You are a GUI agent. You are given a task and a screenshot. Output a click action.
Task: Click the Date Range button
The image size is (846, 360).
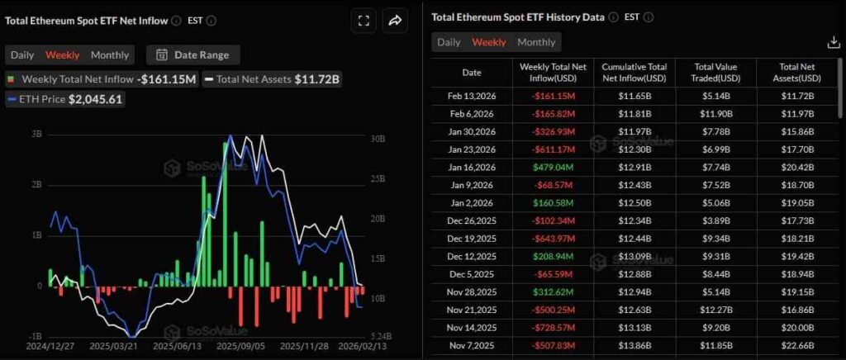[192, 55]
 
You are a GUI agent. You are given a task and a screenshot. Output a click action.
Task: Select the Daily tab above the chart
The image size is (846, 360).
[22, 55]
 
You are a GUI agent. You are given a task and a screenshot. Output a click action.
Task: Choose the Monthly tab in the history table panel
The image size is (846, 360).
[536, 42]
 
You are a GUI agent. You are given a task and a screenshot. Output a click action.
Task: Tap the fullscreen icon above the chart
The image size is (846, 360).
[363, 21]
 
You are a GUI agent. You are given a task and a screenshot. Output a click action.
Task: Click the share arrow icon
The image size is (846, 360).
[395, 21]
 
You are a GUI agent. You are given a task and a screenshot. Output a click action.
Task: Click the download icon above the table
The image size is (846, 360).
[833, 42]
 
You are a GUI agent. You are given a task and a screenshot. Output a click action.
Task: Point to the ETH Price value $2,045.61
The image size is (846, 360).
[95, 99]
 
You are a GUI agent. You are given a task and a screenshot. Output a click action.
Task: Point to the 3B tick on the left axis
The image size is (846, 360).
[36, 134]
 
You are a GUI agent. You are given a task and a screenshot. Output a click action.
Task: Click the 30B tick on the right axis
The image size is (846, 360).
[378, 139]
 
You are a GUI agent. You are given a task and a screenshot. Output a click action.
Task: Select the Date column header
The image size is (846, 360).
[471, 72]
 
